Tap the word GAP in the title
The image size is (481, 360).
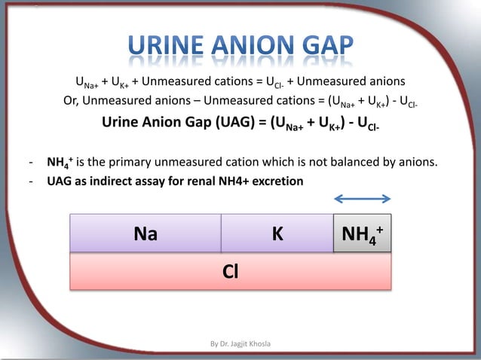coord(323,50)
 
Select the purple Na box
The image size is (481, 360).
coord(146,233)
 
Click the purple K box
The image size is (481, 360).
coord(277,233)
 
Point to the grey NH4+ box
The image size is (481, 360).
coord(362,233)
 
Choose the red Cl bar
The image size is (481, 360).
coord(231,270)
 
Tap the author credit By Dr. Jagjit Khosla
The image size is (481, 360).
coord(240,344)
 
